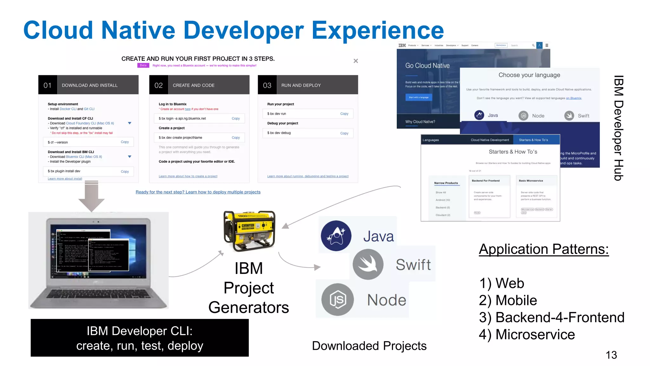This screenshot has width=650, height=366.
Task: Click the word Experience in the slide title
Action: pyautogui.click(x=377, y=30)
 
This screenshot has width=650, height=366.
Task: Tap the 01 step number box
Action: pyautogui.click(x=48, y=85)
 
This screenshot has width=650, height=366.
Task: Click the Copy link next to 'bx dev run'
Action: pyautogui.click(x=344, y=114)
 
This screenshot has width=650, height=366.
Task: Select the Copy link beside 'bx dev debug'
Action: pyautogui.click(x=344, y=133)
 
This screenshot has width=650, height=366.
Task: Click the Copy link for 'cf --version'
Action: pyautogui.click(x=125, y=142)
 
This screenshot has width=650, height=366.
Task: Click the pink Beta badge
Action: pyautogui.click(x=143, y=65)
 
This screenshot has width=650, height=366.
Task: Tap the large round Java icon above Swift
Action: pyautogui.click(x=336, y=236)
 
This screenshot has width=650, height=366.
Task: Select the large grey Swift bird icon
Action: pyautogui.click(x=368, y=264)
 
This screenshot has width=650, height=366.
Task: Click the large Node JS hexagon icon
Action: pyautogui.click(x=337, y=300)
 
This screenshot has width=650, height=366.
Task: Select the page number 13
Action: pyautogui.click(x=611, y=355)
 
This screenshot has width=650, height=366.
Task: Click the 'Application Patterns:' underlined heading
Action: pyautogui.click(x=544, y=249)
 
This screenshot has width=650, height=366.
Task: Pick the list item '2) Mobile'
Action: pyautogui.click(x=508, y=300)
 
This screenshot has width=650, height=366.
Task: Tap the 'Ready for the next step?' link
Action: pyautogui.click(x=198, y=192)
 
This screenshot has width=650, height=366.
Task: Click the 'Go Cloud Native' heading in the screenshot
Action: pyautogui.click(x=427, y=66)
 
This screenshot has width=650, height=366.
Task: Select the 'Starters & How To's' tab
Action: pyautogui.click(x=533, y=140)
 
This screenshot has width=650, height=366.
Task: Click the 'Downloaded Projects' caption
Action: pyautogui.click(x=369, y=346)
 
